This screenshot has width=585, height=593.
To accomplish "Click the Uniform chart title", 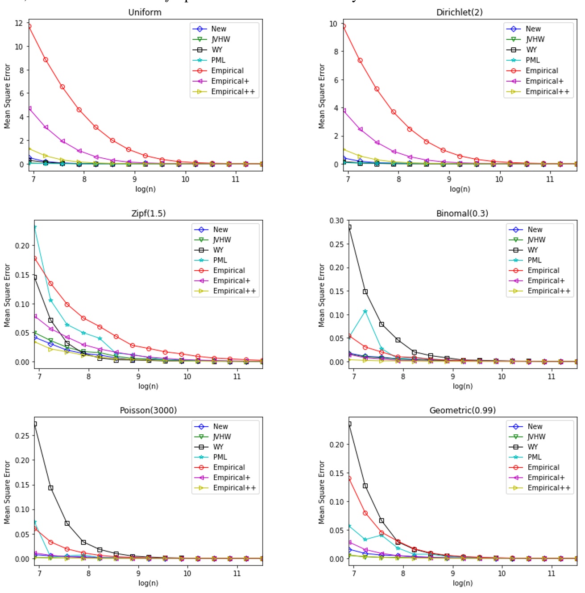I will point(145,12).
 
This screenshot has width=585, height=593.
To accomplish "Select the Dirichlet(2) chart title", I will point(459,12).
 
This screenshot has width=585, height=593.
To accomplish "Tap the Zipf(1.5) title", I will point(148,214).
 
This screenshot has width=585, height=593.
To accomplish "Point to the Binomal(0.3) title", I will point(462,214).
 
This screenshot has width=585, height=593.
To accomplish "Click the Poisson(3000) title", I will point(148,410).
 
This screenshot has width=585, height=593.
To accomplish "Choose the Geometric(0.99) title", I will point(462,410).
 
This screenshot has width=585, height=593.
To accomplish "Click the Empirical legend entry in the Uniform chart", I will point(227,70).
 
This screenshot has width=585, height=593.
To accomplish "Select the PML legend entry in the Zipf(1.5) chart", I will point(220,260).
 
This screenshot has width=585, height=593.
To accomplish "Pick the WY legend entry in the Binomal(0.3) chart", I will point(532,250).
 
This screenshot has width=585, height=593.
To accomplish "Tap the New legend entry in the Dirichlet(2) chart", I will point(533,29).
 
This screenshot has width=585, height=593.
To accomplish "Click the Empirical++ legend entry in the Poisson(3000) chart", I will point(234,488).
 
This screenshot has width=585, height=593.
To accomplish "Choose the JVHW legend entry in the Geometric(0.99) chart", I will point(536,437).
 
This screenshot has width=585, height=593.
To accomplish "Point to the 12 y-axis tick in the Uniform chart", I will point(19,23).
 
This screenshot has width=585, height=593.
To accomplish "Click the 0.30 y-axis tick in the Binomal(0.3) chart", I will point(336,221).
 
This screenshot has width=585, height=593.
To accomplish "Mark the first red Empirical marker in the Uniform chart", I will point(29,26).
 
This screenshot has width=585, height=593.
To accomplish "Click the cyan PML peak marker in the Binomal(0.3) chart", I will point(365,311).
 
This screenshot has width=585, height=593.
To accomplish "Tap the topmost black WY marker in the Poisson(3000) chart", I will point(35,424).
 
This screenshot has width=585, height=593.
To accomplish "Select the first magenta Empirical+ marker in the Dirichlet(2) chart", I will point(344,111).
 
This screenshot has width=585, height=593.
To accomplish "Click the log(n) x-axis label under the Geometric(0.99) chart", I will point(462,583).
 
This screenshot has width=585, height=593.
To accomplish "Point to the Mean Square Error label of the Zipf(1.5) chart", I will point(7,295).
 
